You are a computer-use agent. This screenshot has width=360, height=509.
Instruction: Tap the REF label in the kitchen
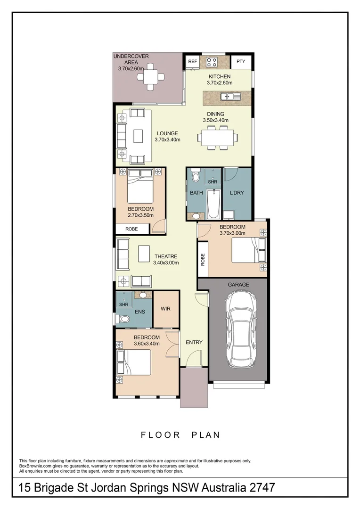[192, 62]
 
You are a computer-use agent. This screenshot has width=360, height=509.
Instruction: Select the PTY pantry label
[241, 62]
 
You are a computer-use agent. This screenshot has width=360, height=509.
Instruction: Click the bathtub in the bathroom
[213, 204]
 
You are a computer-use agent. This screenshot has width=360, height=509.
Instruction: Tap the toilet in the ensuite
[123, 319]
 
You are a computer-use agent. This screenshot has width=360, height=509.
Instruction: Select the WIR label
[165, 309]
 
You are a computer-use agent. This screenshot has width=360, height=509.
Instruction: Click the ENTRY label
[194, 342]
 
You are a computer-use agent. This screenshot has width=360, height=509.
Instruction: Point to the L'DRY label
[236, 193]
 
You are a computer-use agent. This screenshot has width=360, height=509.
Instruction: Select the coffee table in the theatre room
[143, 254]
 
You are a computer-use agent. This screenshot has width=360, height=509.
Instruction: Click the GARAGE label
[238, 285]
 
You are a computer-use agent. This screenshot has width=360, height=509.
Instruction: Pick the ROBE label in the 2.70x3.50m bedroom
[131, 229]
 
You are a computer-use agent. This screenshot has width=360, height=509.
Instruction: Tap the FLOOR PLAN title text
[180, 435]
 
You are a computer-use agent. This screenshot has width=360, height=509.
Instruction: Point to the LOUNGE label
[167, 133]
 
